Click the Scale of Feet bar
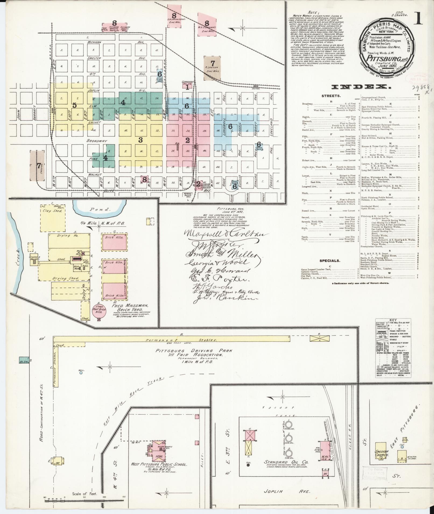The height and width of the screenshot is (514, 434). pyautogui.click(x=85, y=499)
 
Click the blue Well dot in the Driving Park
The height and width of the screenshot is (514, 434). pyautogui.click(x=81, y=373)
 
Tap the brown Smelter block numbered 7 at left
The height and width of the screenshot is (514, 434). pyautogui.click(x=37, y=166)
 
